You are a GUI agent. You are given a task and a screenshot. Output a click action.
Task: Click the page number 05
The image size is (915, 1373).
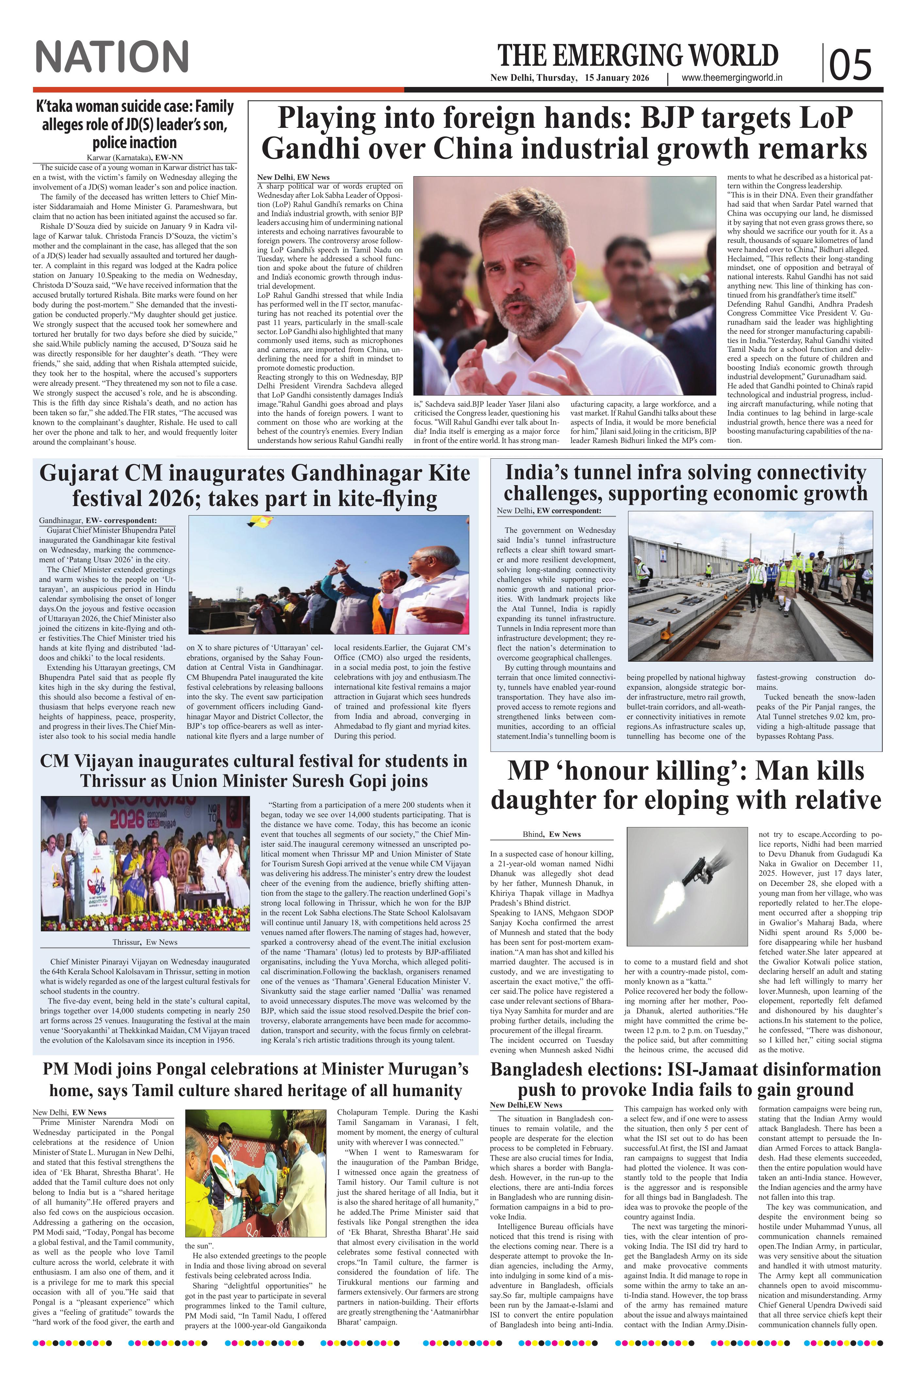point(850,64)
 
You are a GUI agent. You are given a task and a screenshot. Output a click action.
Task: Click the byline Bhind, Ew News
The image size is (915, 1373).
point(552,834)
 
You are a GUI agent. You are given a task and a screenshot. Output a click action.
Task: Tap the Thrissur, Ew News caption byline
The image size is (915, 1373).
point(145,941)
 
